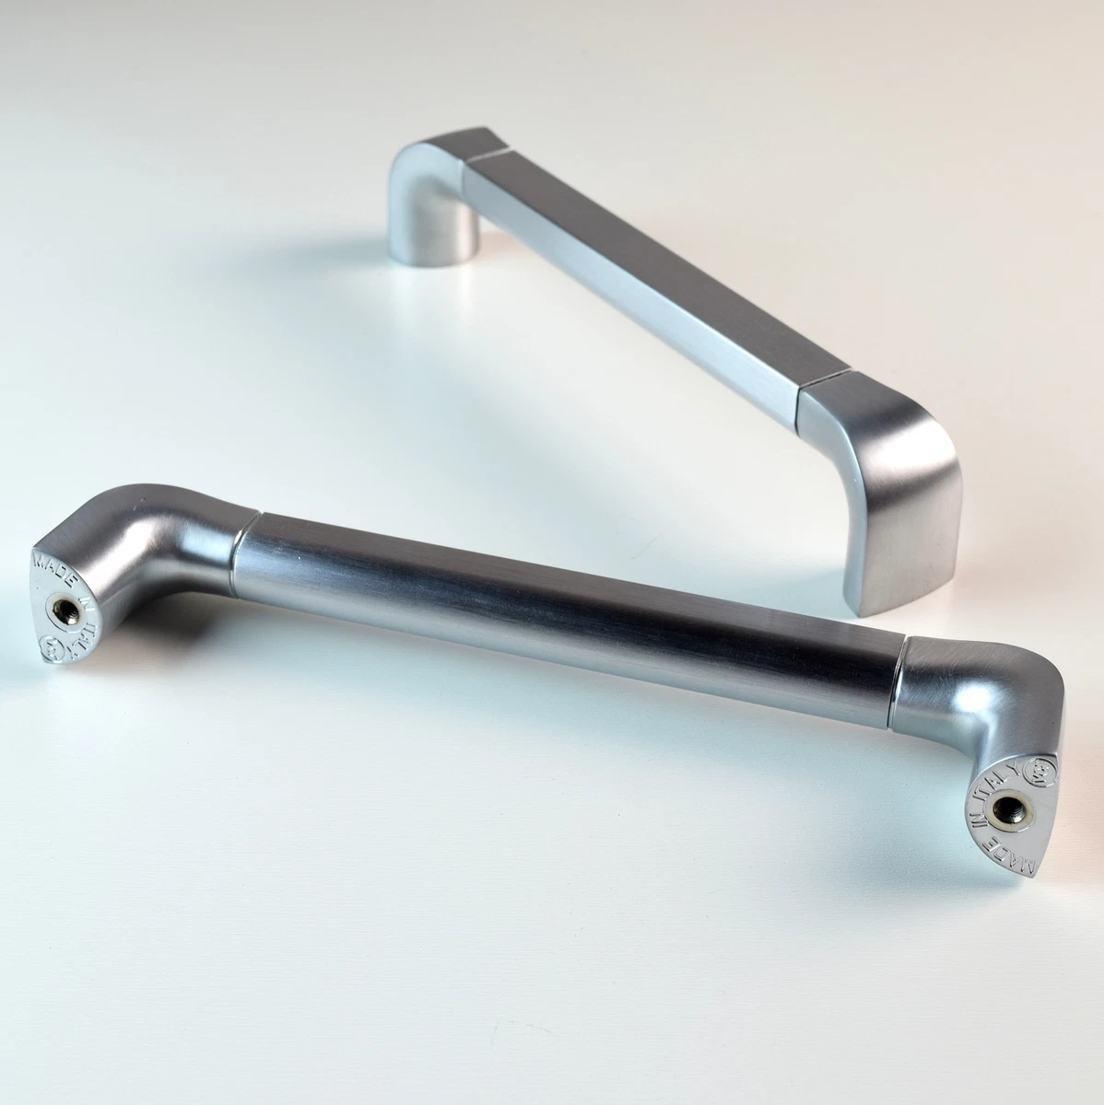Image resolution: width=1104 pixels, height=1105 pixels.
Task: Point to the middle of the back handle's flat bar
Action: pyautogui.click(x=636, y=276)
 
